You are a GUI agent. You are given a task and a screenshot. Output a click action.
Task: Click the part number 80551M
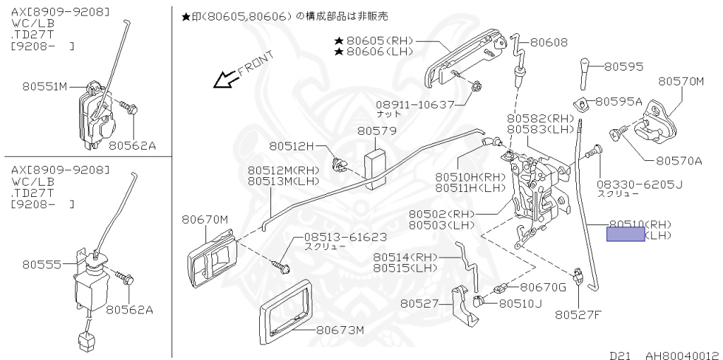click(x=44, y=87)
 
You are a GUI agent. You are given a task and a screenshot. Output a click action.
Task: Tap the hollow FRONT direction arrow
click(x=225, y=80)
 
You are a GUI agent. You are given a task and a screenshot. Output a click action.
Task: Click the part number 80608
click(x=549, y=42)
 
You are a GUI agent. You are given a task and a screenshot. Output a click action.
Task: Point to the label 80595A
click(x=619, y=102)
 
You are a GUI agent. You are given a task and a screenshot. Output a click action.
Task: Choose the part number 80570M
click(x=681, y=81)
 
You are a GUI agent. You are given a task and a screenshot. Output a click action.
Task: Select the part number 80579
click(x=376, y=131)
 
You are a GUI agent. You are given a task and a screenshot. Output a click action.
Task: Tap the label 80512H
click(x=290, y=146)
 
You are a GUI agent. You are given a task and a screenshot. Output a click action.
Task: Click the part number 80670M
click(x=205, y=220)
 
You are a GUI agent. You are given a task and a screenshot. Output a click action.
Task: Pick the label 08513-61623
click(x=345, y=237)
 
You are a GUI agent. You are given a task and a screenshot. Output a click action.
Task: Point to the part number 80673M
click(x=340, y=330)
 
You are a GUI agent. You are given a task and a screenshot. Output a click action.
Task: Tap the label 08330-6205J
click(x=640, y=184)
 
